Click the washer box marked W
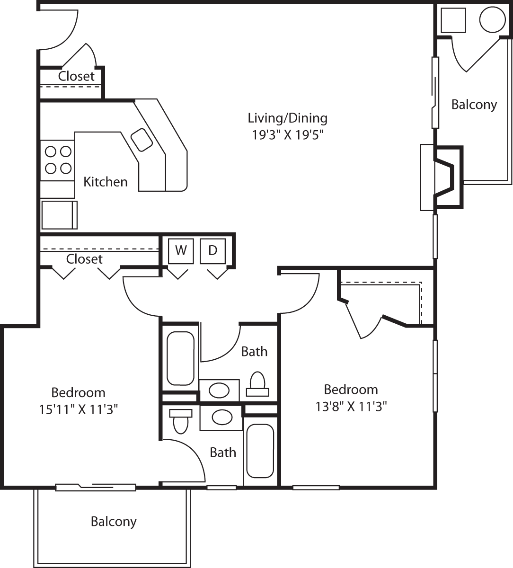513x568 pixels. [x=181, y=251]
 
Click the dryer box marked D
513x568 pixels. [x=212, y=251]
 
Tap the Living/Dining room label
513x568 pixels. [x=287, y=117]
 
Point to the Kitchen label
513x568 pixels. [x=105, y=182]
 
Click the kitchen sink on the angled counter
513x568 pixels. [x=142, y=140]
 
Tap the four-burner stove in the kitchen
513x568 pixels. [x=58, y=160]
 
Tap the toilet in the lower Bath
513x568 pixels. [x=180, y=421]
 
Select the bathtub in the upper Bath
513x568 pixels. [x=180, y=358]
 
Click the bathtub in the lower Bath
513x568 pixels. [x=260, y=451]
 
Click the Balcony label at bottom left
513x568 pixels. [x=114, y=522]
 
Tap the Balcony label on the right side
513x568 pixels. [x=474, y=105]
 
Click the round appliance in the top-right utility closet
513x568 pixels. [x=493, y=19]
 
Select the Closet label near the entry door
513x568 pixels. [x=76, y=76]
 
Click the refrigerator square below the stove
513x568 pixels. [x=59, y=214]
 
